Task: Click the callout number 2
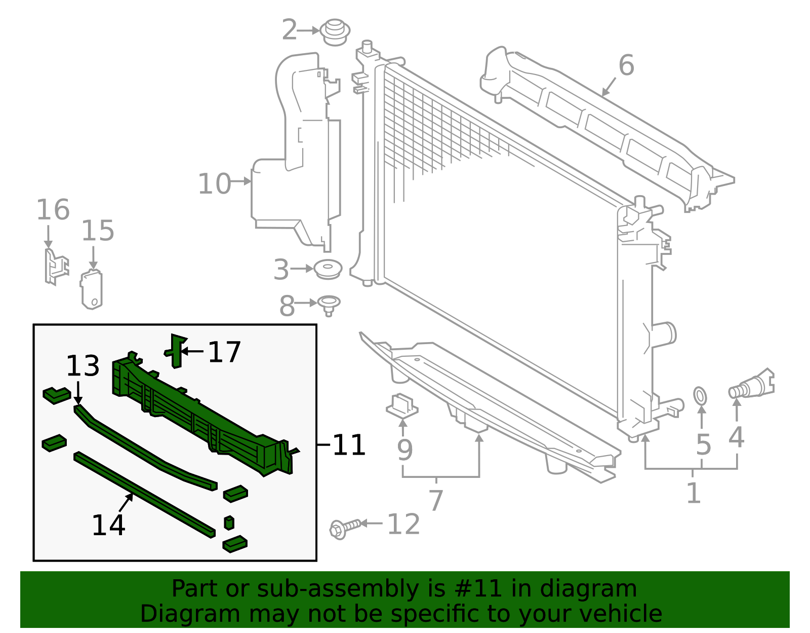coord(289,30)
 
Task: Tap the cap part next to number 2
coord(335,32)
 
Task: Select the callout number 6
coord(626,65)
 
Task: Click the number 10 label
coord(214,183)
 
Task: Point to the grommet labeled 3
coord(328,269)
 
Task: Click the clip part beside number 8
coord(329,305)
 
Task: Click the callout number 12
coord(403,524)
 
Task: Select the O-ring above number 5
coord(700,396)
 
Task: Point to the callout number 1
coord(694,493)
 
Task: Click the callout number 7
coord(436,500)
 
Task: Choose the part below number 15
coord(92,290)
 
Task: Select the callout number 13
coord(83,366)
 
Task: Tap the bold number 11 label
coord(349,445)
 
